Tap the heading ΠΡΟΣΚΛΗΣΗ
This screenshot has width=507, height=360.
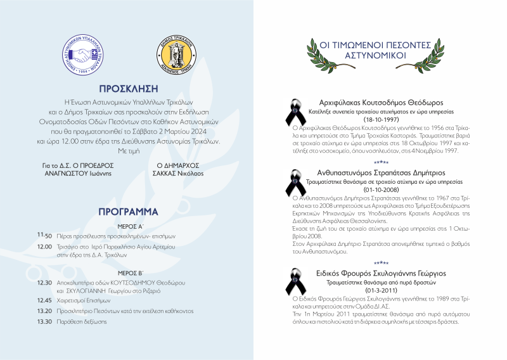(128, 89)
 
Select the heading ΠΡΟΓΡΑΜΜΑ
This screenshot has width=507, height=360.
(128, 211)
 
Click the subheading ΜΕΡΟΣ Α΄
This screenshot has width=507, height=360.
(128, 226)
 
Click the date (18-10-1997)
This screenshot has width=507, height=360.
(381, 119)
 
